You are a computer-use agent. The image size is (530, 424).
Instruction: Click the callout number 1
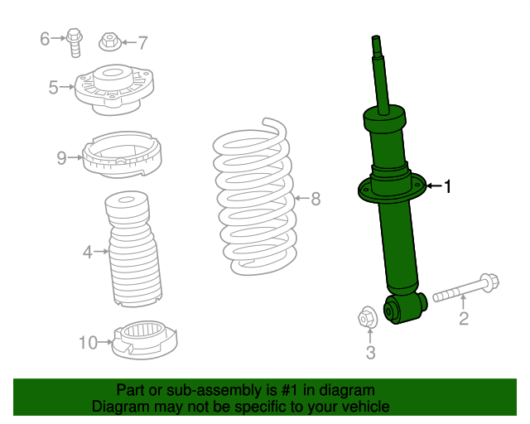click(448, 187)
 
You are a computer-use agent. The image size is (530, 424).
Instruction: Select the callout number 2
click(464, 319)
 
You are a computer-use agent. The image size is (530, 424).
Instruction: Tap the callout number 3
click(370, 353)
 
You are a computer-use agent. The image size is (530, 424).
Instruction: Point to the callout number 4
click(88, 251)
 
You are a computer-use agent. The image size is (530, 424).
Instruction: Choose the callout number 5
click(54, 86)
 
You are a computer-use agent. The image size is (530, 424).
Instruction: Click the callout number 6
click(46, 37)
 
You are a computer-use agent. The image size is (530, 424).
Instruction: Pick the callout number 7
click(142, 42)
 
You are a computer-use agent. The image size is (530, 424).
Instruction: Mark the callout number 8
click(315, 199)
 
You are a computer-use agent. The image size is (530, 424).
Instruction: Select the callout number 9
click(61, 157)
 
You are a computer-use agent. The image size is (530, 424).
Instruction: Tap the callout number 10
click(88, 340)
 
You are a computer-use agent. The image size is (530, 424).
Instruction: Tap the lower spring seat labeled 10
click(145, 340)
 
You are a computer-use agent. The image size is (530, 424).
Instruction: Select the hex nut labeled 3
click(369, 317)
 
